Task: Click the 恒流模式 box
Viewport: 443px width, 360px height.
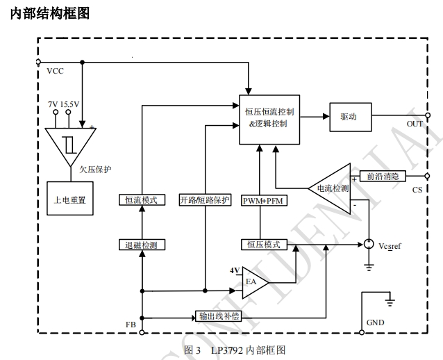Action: pos(141,199)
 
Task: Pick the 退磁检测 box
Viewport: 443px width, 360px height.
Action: pos(141,244)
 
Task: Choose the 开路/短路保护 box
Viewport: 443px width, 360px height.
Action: pos(204,199)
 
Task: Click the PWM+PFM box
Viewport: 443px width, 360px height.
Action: pos(259,200)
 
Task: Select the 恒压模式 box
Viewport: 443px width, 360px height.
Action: pos(263,244)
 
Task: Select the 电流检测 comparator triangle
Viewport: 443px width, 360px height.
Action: pos(334,188)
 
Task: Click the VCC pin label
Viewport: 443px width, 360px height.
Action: pos(55,72)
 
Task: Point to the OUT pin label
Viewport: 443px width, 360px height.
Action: pos(415,124)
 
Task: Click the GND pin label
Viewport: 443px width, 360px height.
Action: pos(375,322)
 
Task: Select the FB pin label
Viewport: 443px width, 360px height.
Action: pos(131,325)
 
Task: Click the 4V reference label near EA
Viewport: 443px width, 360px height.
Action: pos(235,270)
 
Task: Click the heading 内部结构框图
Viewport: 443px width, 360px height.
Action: pos(51,13)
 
